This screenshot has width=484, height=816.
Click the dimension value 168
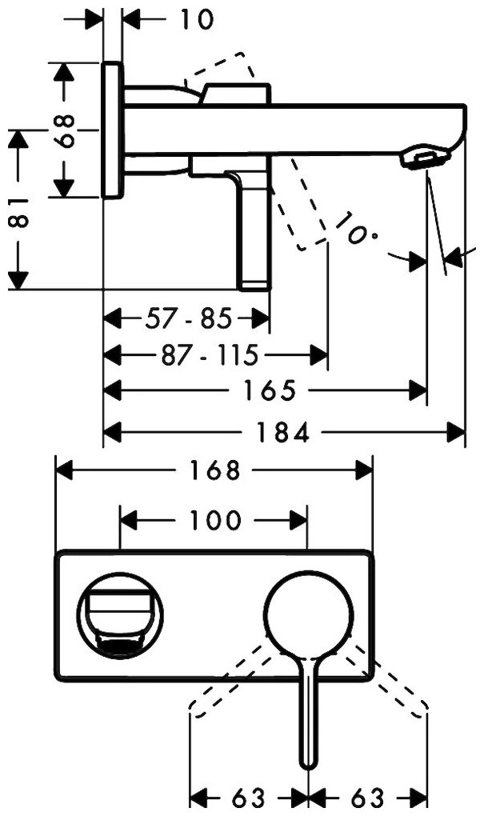click(215, 470)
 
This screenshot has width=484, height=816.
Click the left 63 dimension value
click(249, 798)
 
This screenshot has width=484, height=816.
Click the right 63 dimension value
click(367, 798)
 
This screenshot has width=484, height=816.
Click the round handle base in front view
click(306, 614)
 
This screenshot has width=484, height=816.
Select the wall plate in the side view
click(113, 130)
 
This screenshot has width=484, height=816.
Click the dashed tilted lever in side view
click(302, 205)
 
